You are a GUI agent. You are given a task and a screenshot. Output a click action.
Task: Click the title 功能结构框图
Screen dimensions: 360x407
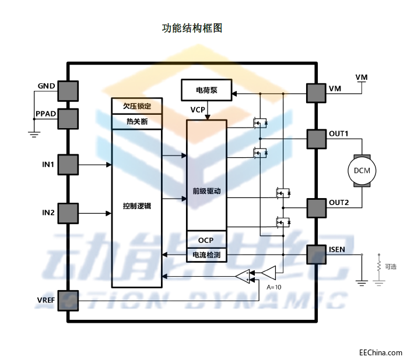(x=192, y=28)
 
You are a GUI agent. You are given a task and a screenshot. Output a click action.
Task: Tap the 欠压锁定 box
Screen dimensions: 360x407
(x=136, y=106)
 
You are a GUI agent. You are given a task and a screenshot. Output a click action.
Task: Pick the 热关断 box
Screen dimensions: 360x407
(x=136, y=121)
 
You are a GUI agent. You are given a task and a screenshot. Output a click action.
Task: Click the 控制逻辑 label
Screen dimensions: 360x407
(x=136, y=206)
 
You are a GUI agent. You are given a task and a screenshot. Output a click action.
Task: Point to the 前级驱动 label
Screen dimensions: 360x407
(x=206, y=190)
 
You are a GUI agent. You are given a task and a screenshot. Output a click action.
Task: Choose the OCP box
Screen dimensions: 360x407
(x=206, y=240)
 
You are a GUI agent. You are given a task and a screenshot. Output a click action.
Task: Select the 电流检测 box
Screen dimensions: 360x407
(x=206, y=255)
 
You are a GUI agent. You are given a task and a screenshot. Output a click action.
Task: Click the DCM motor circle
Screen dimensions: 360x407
(x=362, y=171)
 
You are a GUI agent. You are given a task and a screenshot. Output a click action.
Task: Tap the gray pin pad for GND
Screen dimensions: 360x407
(x=68, y=90)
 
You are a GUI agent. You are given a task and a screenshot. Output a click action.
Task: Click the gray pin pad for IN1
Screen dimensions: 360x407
(x=68, y=164)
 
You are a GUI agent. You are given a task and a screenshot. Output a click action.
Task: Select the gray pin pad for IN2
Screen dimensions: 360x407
(x=68, y=213)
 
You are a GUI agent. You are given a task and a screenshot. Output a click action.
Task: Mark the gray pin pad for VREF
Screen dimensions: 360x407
(x=68, y=300)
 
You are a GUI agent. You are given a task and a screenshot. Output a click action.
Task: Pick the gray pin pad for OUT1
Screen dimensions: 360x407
(x=317, y=139)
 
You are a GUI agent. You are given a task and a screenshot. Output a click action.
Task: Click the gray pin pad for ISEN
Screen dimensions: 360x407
(x=317, y=255)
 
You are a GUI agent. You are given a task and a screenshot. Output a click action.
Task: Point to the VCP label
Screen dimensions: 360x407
(x=198, y=110)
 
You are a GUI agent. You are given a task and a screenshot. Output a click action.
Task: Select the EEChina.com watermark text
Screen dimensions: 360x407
(x=380, y=352)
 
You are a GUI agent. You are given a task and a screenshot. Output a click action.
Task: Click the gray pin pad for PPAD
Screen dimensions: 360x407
(x=68, y=118)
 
